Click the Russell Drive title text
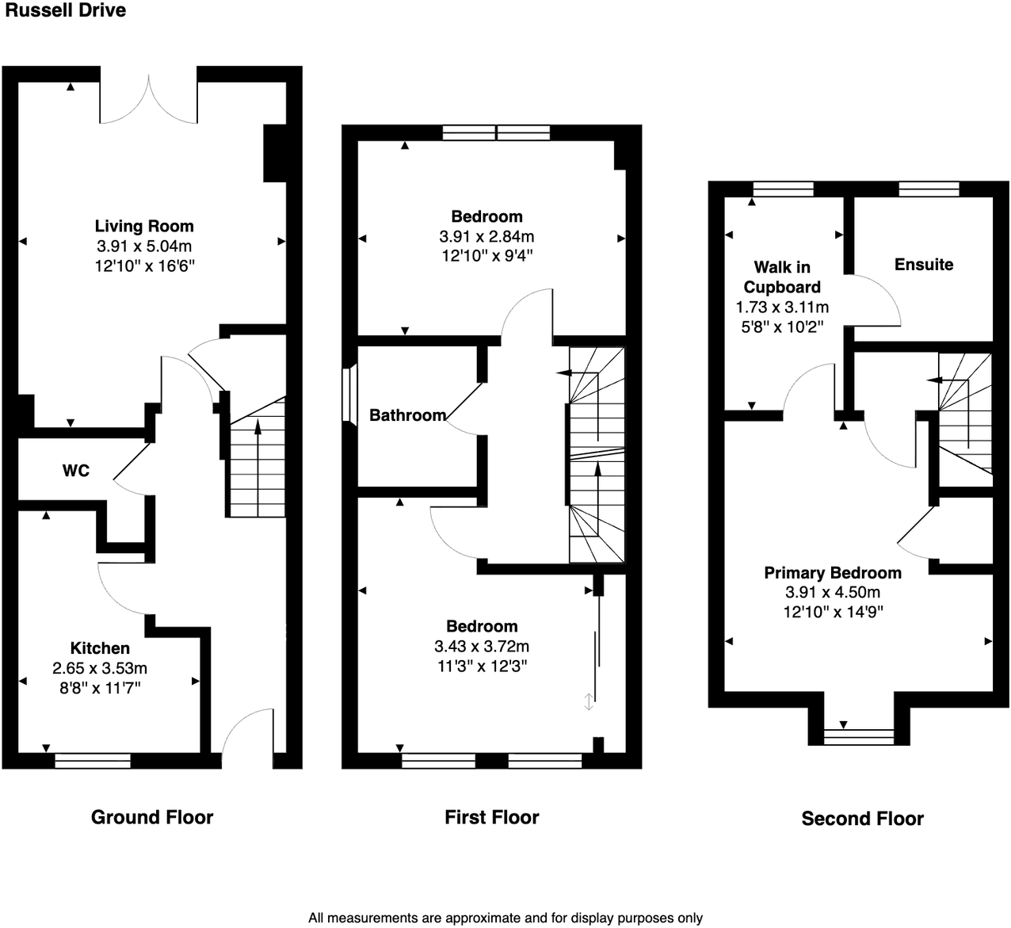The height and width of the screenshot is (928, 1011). pyautogui.click(x=65, y=11)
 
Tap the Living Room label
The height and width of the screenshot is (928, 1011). pyautogui.click(x=144, y=226)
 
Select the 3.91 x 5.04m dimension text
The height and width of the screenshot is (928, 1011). pyautogui.click(x=144, y=246)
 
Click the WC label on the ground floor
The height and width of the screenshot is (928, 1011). pyautogui.click(x=76, y=471)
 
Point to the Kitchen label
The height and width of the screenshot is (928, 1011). pyautogui.click(x=100, y=648)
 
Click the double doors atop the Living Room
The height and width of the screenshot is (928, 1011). pyautogui.click(x=149, y=99)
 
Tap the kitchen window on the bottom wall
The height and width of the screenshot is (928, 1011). pyautogui.click(x=93, y=761)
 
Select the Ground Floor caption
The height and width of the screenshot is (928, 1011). pyautogui.click(x=152, y=817)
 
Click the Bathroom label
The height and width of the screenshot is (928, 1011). pyautogui.click(x=407, y=415)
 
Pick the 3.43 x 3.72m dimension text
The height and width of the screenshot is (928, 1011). pyautogui.click(x=482, y=646)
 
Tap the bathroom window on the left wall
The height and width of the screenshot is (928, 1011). pyautogui.click(x=346, y=393)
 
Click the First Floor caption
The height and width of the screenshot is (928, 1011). pyautogui.click(x=491, y=817)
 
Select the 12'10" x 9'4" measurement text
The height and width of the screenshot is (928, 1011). pyautogui.click(x=486, y=256)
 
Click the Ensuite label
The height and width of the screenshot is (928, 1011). pyautogui.click(x=924, y=265)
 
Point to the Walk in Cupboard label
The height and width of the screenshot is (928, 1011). pyautogui.click(x=782, y=277)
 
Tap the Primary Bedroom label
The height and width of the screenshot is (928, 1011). pyautogui.click(x=833, y=572)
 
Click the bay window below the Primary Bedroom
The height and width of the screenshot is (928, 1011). pyautogui.click(x=859, y=735)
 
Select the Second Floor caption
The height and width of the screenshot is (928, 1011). pyautogui.click(x=862, y=819)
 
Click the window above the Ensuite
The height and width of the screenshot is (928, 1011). pyautogui.click(x=929, y=189)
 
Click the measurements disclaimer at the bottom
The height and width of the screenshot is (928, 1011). pyautogui.click(x=505, y=918)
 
